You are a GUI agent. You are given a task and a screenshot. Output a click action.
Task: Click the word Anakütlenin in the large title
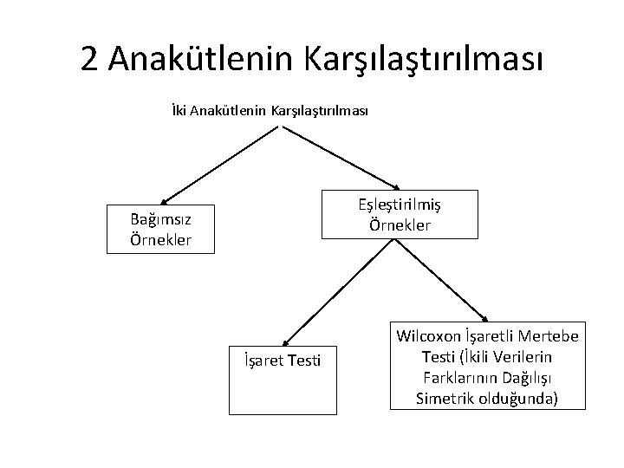point(201,58)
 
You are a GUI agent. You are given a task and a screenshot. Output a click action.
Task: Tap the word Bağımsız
point(160,220)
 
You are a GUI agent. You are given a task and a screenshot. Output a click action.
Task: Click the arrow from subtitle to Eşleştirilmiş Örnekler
point(340,158)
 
